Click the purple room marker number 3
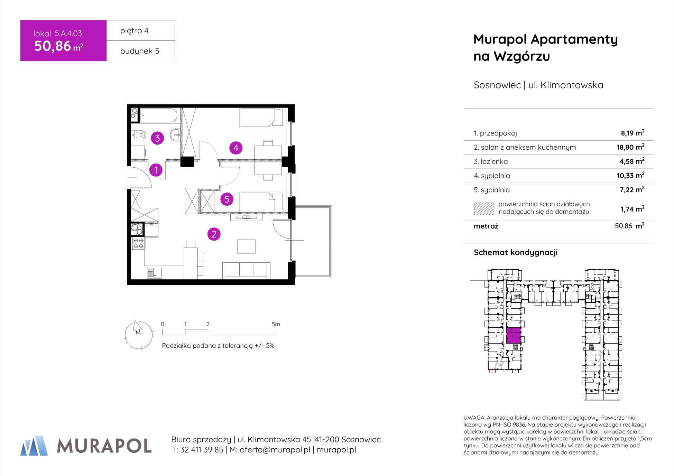tap(157, 138)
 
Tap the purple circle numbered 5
tap(227, 199)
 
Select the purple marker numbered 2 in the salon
tap(214, 234)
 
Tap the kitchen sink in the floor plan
tap(155, 273)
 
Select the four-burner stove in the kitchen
tap(139, 243)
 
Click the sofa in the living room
tap(246, 270)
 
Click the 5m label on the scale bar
tap(276, 324)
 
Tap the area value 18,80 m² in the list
tap(630, 147)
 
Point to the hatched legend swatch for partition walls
tap(484, 209)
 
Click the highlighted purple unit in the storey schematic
tap(514, 335)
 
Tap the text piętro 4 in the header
tap(135, 30)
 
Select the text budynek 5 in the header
tap(140, 51)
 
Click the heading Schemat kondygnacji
tap(516, 252)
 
